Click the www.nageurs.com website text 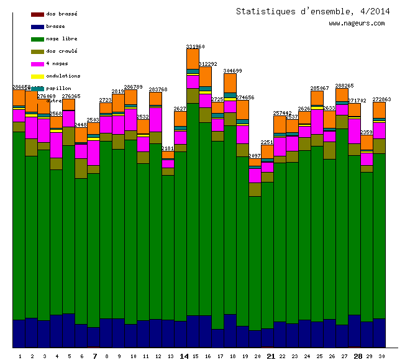click(357, 24)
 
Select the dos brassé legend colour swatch click(37, 14)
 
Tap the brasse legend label click(55, 26)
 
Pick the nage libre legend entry click(61, 38)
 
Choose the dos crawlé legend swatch click(37, 52)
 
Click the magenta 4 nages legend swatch click(37, 64)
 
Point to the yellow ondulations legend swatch click(37, 76)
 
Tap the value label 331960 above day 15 click(196, 47)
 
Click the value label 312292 click(207, 64)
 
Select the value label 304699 click(232, 71)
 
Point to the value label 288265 click(344, 86)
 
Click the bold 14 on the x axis click(184, 356)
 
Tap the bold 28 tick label click(358, 356)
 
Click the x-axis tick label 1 click(20, 356)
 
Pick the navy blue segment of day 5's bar click(68, 330)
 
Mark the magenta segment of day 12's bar click(155, 119)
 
